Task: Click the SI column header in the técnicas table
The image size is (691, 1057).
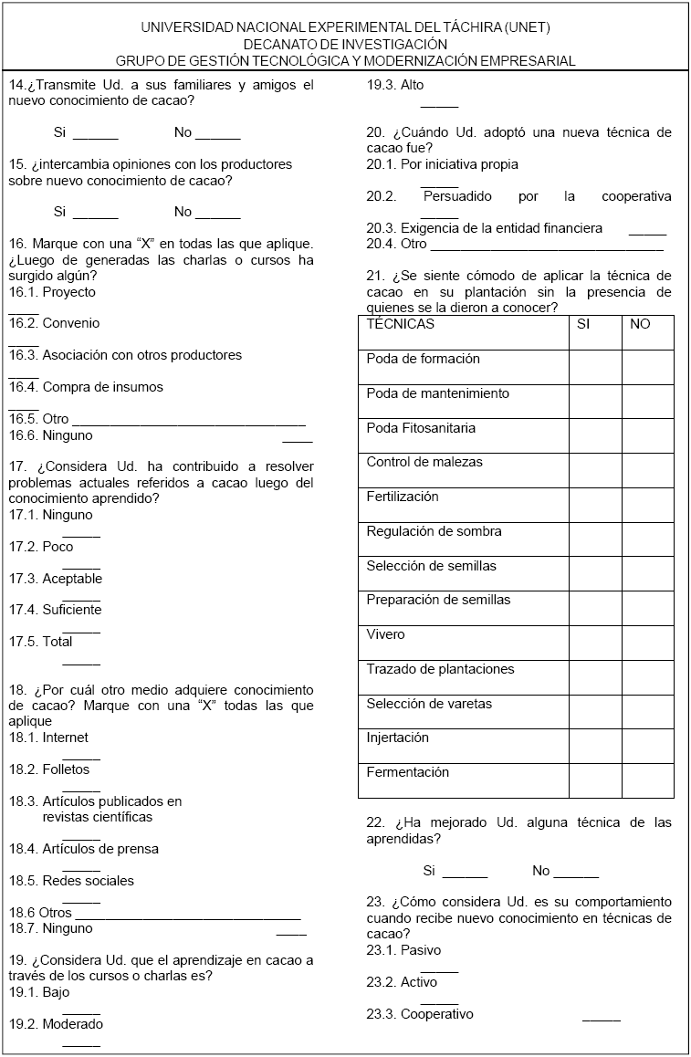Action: (x=584, y=324)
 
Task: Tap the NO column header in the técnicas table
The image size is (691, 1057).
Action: (x=640, y=324)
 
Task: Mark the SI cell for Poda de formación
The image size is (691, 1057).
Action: (x=595, y=367)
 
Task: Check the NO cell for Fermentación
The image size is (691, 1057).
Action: (x=647, y=780)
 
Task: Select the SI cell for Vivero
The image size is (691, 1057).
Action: (x=595, y=643)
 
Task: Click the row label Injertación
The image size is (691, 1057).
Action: (x=398, y=738)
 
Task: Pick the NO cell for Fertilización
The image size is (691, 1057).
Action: (x=647, y=505)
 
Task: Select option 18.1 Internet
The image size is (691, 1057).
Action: (x=66, y=738)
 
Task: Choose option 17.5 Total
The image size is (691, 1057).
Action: (x=58, y=642)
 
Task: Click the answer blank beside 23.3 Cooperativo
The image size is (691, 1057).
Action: (x=601, y=1018)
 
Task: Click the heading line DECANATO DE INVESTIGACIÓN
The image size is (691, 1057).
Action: (x=345, y=44)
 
